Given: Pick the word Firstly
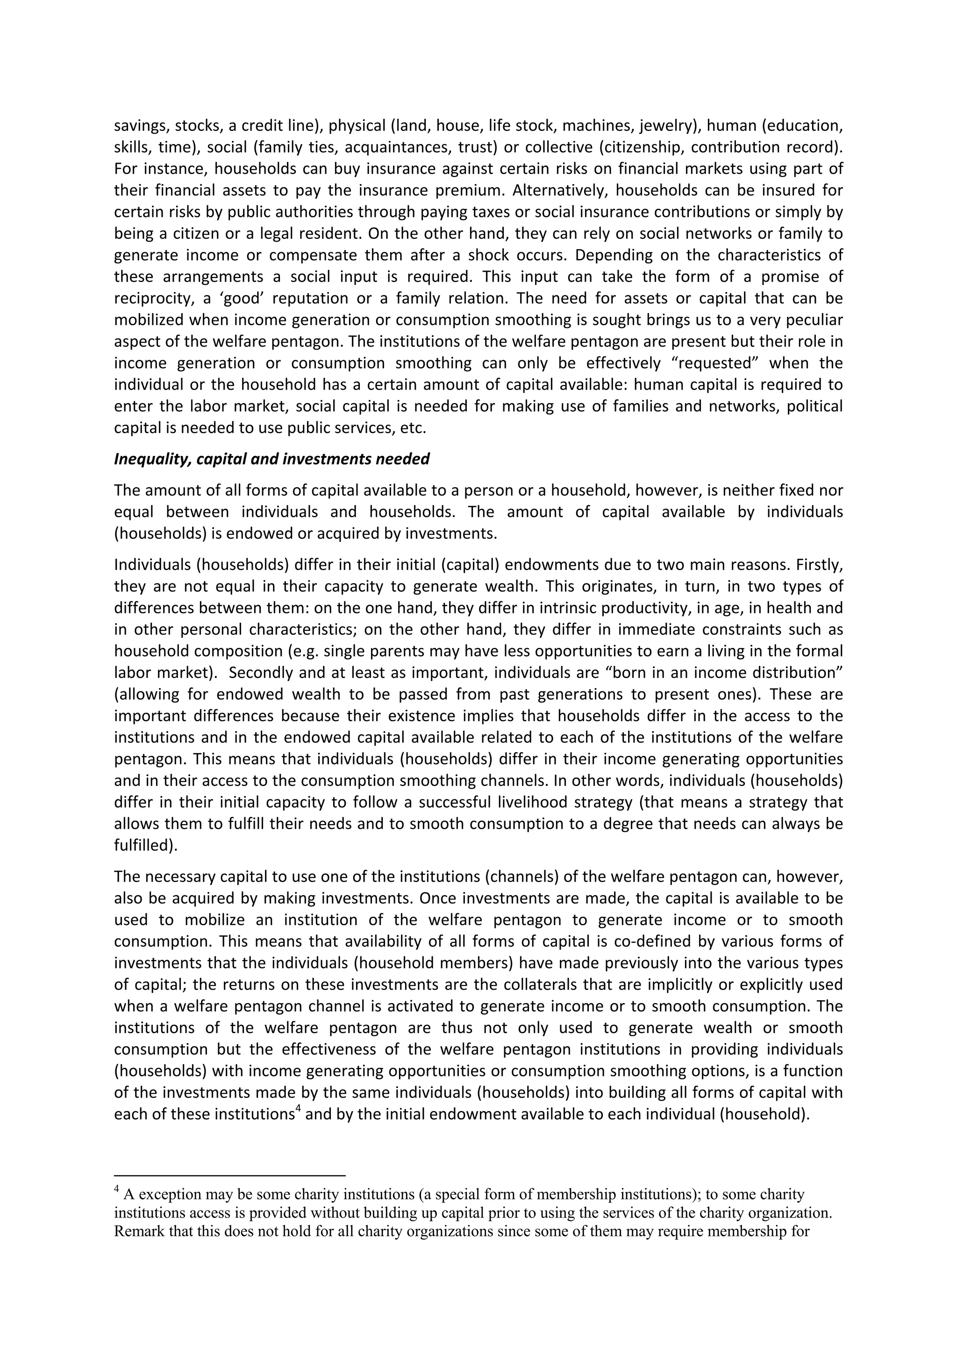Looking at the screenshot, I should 820,565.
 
